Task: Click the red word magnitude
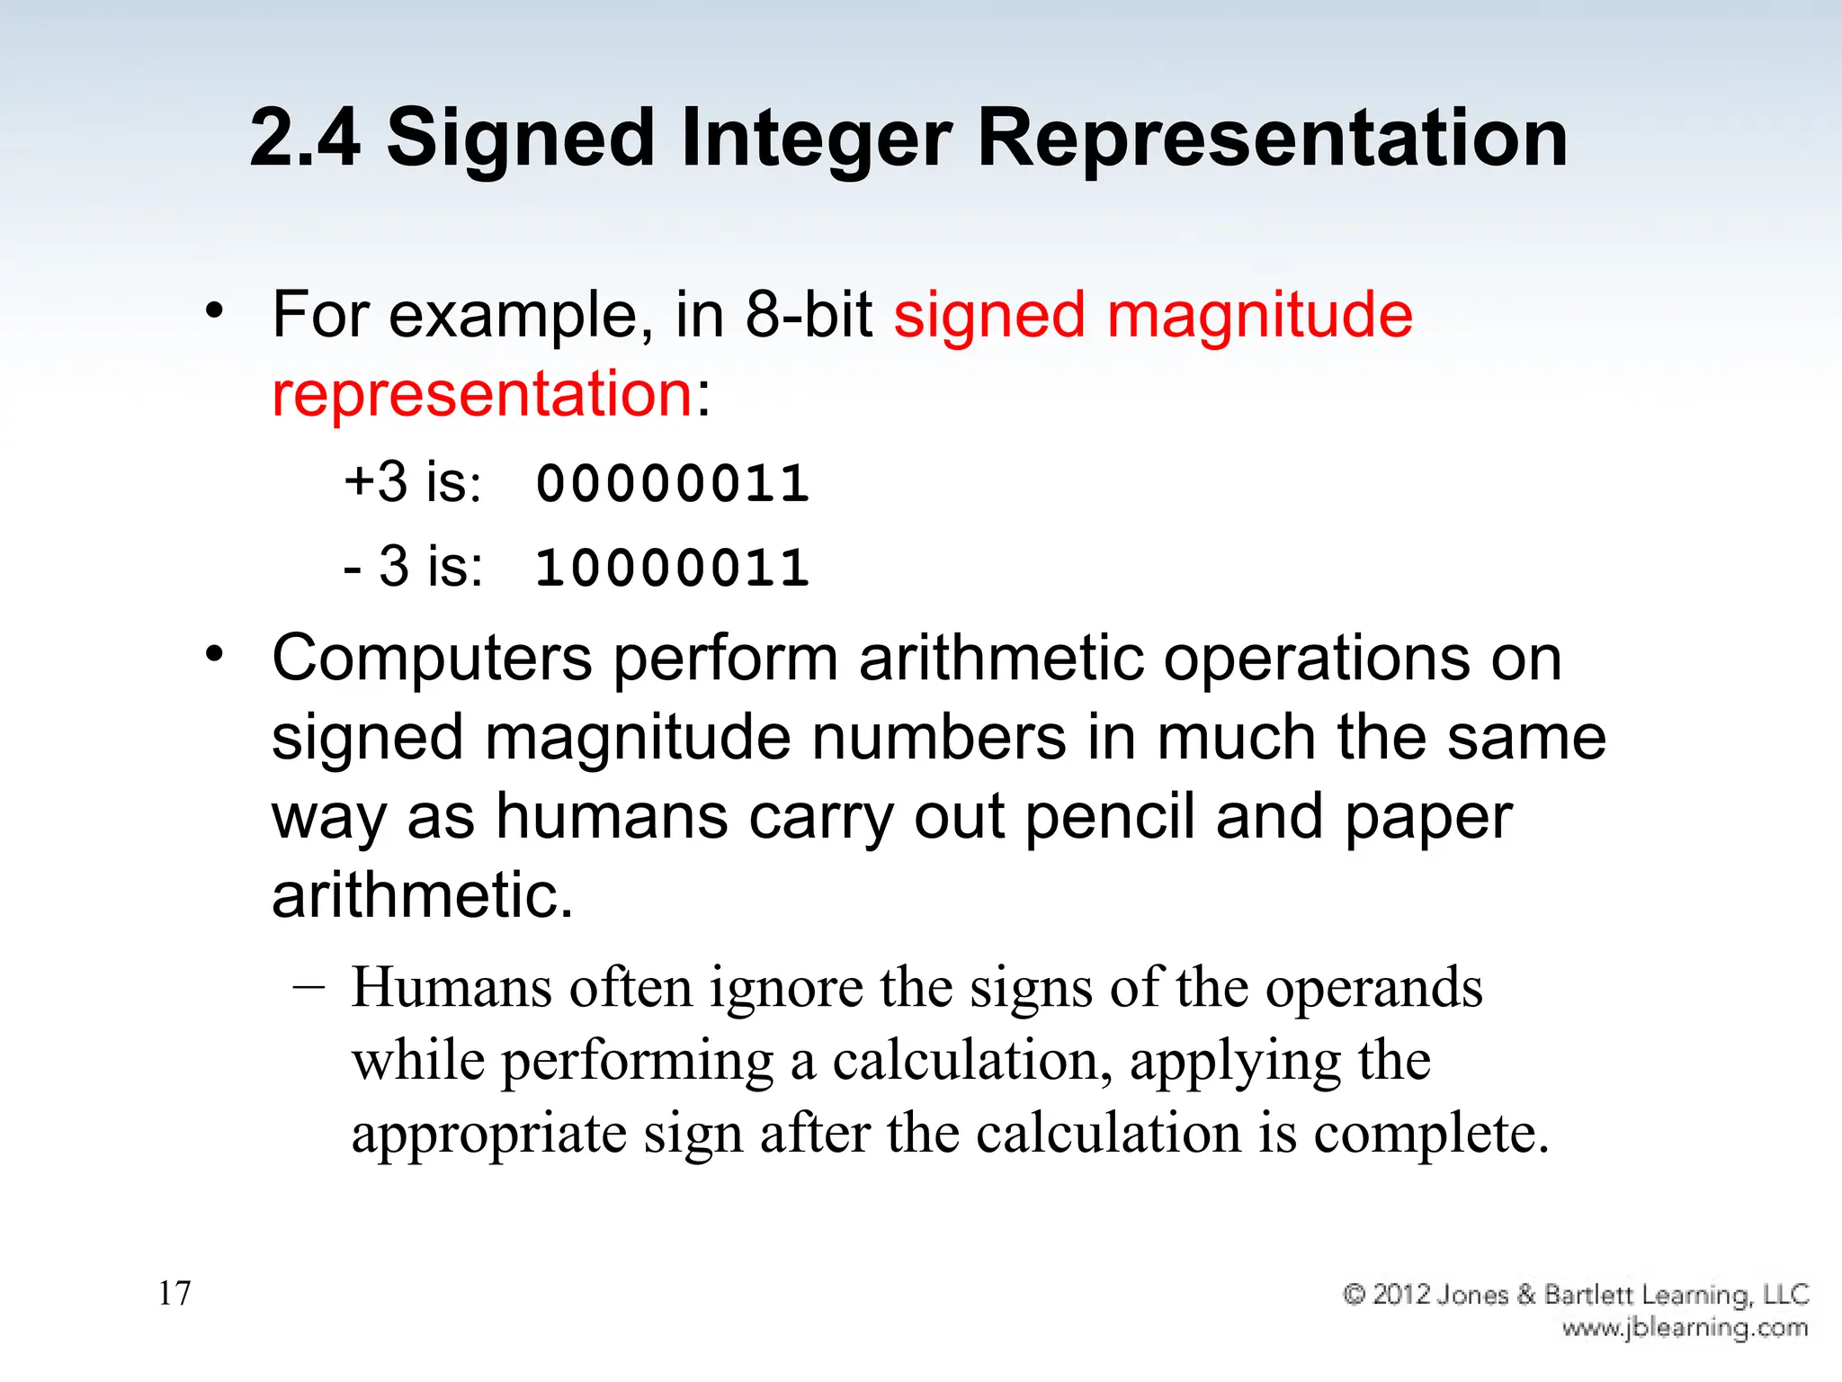click(x=1259, y=317)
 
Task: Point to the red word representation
click(x=481, y=394)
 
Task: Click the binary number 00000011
click(x=672, y=483)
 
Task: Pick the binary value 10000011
click(x=672, y=569)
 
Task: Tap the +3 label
click(x=376, y=481)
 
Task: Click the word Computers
click(x=432, y=660)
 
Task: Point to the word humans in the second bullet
click(x=612, y=817)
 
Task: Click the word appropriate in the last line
click(x=488, y=1134)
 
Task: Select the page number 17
click(x=174, y=1293)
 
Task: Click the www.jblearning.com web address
click(x=1685, y=1328)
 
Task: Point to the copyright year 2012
click(x=1401, y=1295)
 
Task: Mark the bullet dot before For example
click(x=213, y=311)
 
